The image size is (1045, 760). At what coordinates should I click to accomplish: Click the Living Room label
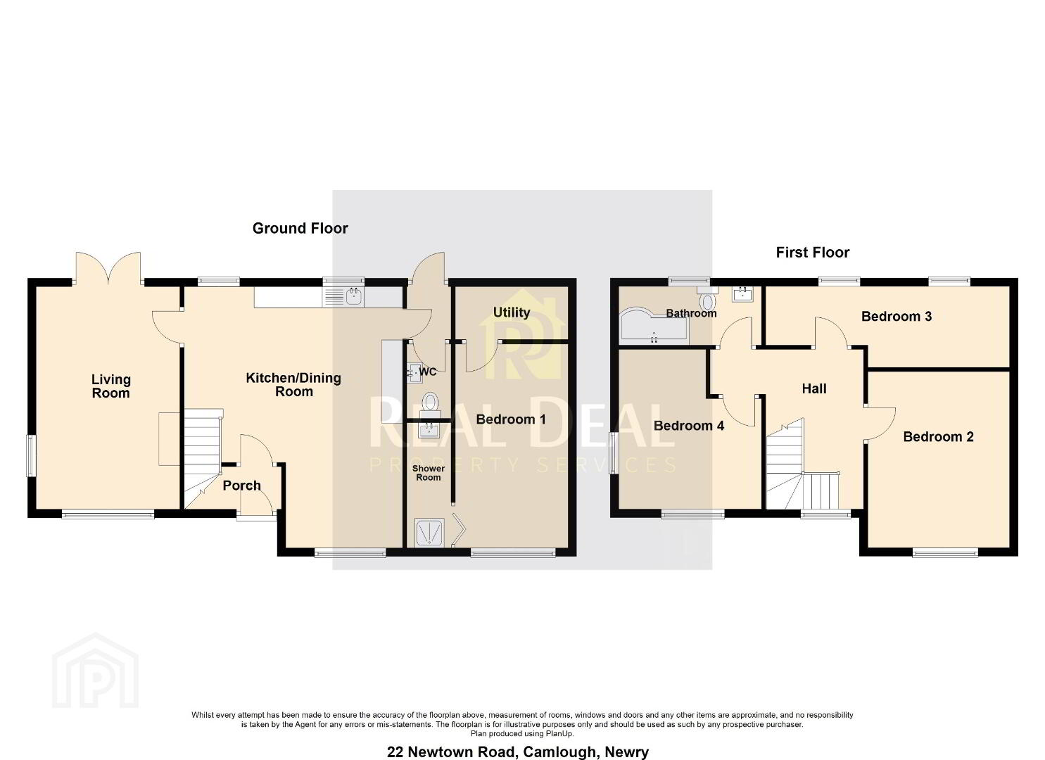click(x=111, y=386)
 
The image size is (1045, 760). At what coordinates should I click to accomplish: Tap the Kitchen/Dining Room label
click(x=293, y=385)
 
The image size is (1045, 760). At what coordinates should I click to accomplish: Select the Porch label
click(x=241, y=486)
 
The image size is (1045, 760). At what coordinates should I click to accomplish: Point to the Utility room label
click(x=512, y=312)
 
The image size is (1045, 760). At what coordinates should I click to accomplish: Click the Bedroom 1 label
click(x=511, y=419)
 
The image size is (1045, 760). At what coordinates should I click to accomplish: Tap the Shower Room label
click(x=429, y=473)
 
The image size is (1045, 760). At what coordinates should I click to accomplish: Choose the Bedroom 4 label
click(x=689, y=426)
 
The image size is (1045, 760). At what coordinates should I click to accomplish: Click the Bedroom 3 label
click(x=897, y=317)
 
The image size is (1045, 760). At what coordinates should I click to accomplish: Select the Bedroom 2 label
click(x=939, y=437)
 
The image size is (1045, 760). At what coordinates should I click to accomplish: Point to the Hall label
click(x=814, y=388)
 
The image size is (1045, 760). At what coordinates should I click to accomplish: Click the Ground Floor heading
click(x=300, y=228)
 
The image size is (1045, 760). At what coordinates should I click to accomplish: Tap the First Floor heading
click(x=813, y=253)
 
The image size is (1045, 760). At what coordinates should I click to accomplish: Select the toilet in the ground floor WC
click(x=430, y=404)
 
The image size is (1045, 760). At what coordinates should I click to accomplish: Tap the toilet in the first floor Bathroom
click(x=708, y=300)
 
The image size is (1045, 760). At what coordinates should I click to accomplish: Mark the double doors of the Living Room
click(x=108, y=268)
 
